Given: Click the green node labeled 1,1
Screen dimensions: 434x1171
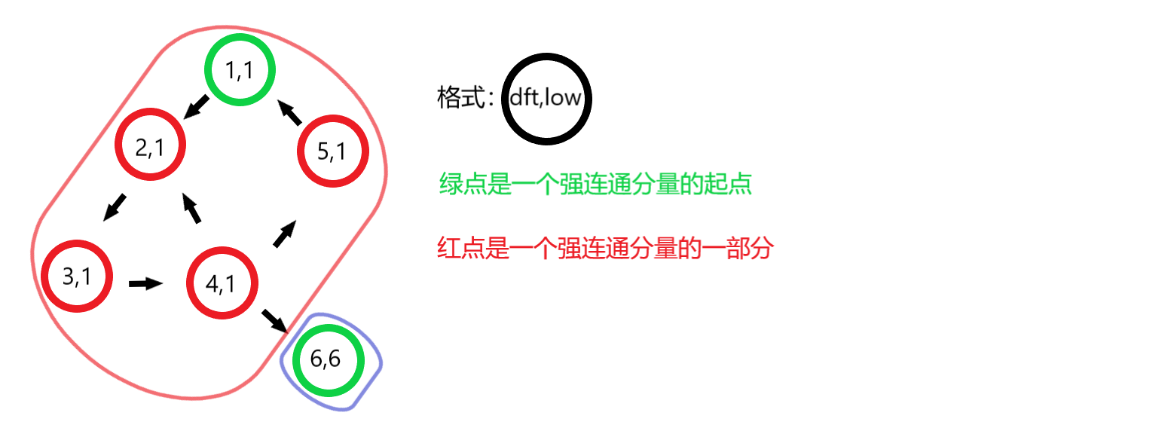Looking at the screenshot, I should tap(240, 70).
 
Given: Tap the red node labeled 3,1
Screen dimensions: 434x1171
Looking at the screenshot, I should tap(77, 276).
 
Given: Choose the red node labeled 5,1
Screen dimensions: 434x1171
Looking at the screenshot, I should tap(332, 151).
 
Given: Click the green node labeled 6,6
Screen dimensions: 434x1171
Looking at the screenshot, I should tap(327, 359).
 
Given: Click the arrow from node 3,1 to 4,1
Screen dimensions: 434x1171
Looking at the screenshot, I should tap(145, 283).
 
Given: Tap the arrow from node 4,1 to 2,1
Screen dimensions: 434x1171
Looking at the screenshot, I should tap(192, 207).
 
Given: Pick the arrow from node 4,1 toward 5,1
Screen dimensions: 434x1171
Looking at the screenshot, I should tap(283, 234).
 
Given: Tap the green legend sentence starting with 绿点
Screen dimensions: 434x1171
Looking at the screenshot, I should tap(595, 185).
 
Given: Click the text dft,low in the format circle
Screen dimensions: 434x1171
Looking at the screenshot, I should tap(546, 98).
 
